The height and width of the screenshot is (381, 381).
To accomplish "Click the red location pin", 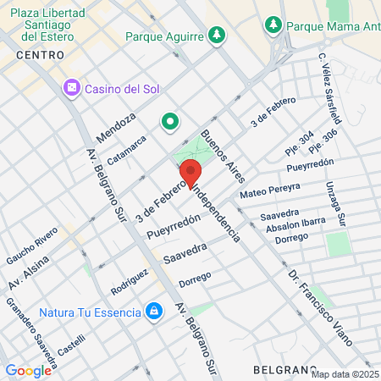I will click(190, 172).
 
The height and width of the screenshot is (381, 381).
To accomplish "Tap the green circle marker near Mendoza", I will click(170, 122).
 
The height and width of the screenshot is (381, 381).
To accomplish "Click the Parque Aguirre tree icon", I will click(218, 35).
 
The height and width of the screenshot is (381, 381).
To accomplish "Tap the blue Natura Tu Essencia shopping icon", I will click(153, 312).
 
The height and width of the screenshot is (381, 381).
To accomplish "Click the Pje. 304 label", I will click(300, 141).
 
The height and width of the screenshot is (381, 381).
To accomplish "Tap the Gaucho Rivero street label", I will click(32, 243).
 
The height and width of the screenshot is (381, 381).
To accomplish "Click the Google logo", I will click(28, 370).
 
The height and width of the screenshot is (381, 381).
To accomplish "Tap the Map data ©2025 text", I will click(345, 374).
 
